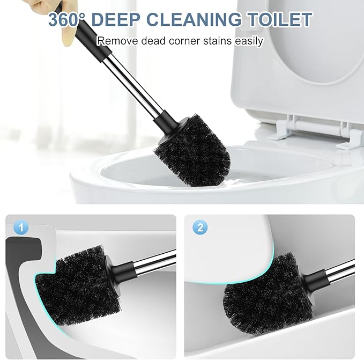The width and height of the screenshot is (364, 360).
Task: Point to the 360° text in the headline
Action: click(67, 19)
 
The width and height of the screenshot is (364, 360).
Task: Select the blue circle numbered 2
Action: click(200, 227)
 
